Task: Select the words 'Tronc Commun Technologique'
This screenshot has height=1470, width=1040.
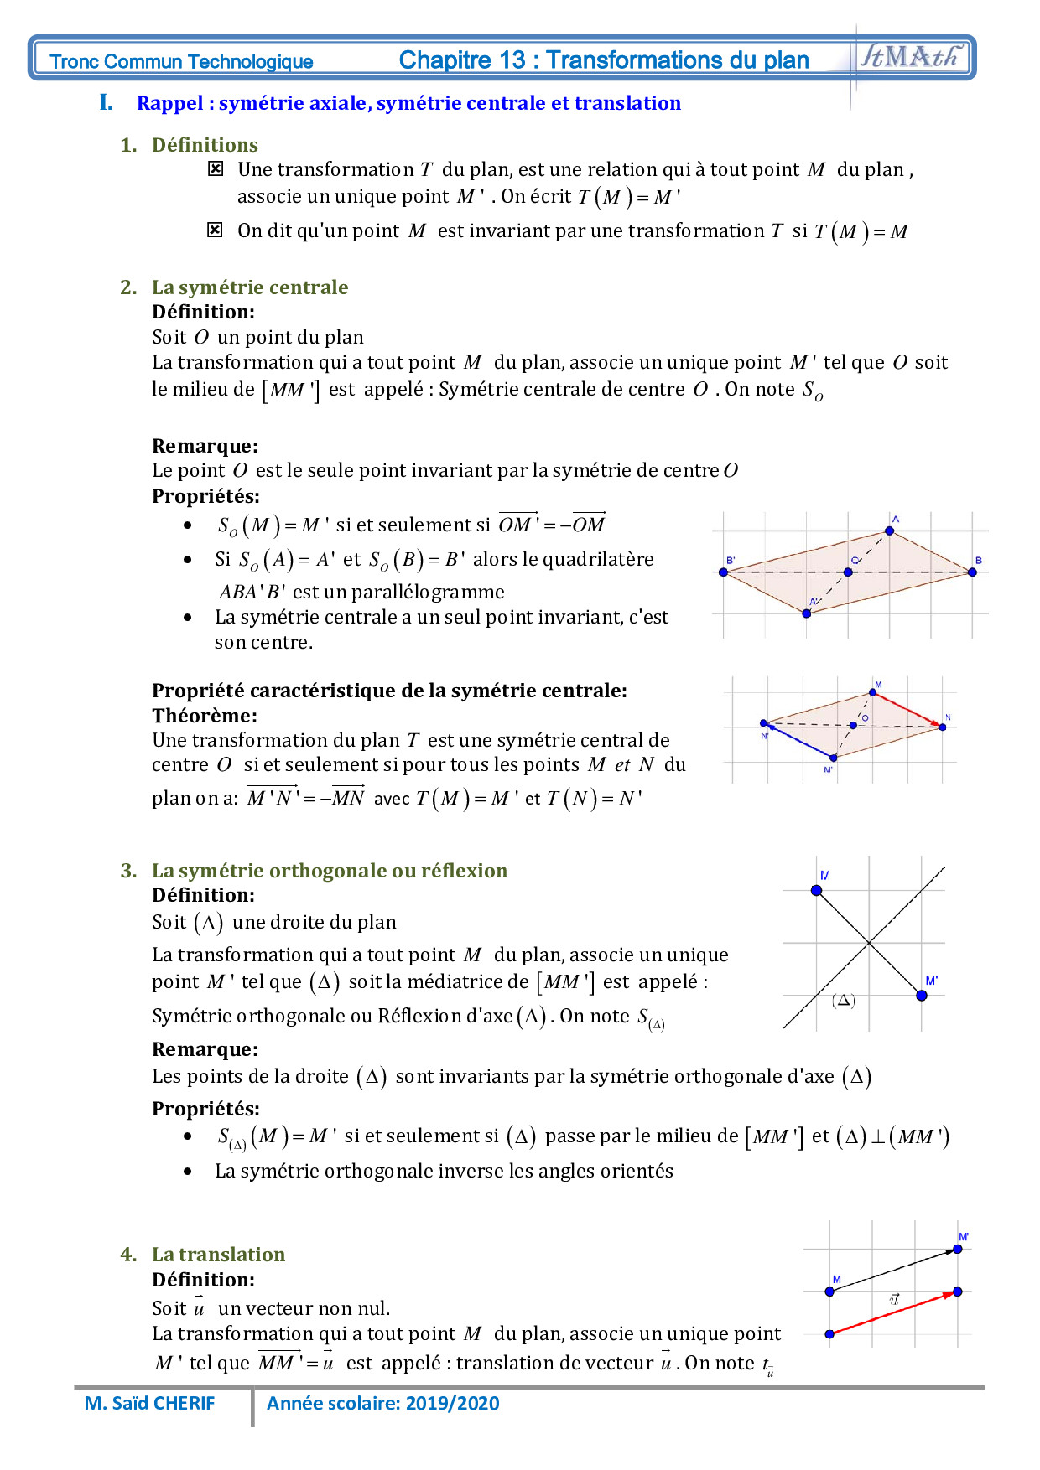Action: click(181, 61)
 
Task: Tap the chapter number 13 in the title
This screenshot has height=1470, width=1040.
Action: click(512, 60)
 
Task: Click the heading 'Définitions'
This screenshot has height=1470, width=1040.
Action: click(205, 145)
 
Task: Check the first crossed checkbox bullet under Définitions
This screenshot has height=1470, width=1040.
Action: click(216, 169)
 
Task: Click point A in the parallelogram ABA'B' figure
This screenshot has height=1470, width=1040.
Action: click(889, 531)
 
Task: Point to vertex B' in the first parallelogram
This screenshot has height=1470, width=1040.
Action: click(724, 572)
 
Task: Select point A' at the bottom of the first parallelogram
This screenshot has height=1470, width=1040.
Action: click(806, 613)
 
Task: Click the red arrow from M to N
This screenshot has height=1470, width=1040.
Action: click(907, 709)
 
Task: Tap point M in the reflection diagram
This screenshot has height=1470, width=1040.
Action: click(817, 890)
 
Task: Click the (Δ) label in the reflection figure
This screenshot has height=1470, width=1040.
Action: click(844, 1001)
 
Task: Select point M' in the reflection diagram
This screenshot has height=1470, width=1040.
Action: click(922, 995)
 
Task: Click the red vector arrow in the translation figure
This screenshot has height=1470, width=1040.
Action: click(892, 1313)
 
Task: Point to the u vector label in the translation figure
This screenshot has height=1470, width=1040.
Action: click(894, 1299)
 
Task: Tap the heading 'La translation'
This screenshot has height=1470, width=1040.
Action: click(218, 1255)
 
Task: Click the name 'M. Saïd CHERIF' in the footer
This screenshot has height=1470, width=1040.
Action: click(150, 1403)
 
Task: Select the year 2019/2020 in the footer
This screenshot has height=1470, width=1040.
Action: click(464, 1403)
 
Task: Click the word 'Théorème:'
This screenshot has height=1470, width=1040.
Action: click(205, 716)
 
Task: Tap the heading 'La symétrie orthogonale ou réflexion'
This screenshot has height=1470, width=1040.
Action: click(329, 871)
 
